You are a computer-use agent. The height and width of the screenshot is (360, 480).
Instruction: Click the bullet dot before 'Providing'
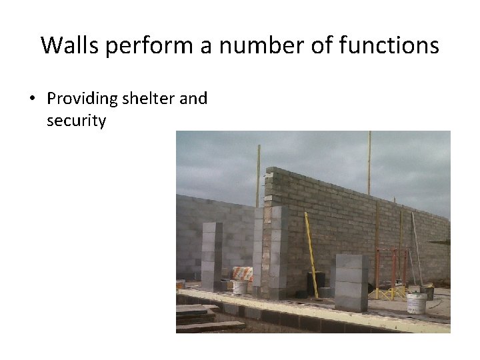point(31,99)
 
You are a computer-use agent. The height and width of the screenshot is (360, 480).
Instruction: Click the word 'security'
point(76,121)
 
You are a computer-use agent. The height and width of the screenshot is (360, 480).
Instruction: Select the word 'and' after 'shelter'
point(193,99)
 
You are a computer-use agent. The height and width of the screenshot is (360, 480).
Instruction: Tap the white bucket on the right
point(416,302)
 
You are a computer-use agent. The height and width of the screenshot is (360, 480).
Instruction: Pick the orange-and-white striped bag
point(242,273)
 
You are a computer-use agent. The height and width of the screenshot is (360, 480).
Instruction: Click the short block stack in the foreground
point(351,282)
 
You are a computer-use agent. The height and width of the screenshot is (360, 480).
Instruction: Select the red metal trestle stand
point(391,272)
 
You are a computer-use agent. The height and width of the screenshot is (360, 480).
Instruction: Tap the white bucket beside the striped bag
point(239,287)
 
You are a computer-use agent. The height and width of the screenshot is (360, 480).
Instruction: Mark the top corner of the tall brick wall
point(268,169)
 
